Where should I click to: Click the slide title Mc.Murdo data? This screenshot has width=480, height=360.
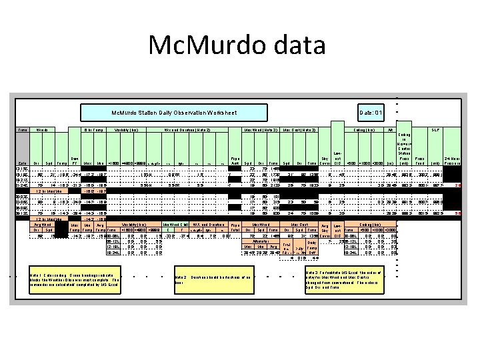[239, 45]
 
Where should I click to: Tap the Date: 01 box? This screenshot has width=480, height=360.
[370, 114]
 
